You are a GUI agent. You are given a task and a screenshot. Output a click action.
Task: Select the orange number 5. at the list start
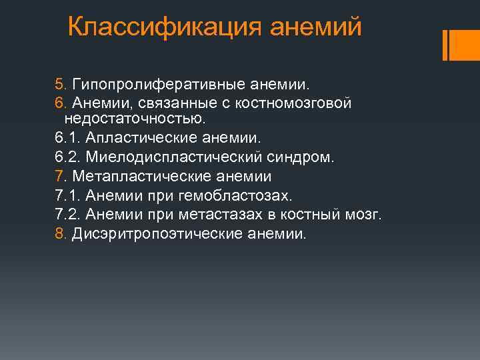61,85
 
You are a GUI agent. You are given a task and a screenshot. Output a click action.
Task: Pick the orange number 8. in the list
61,234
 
